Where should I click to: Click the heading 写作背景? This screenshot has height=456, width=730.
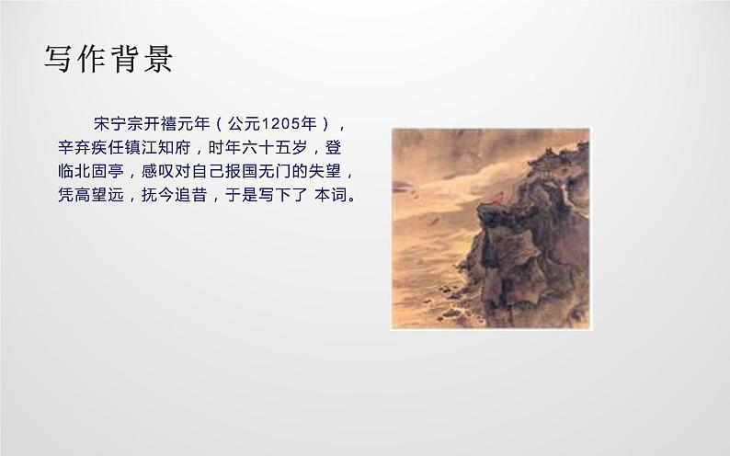coord(109,60)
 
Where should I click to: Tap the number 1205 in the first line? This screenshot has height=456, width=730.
coord(280,123)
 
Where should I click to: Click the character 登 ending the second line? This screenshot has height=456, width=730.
coord(337,147)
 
